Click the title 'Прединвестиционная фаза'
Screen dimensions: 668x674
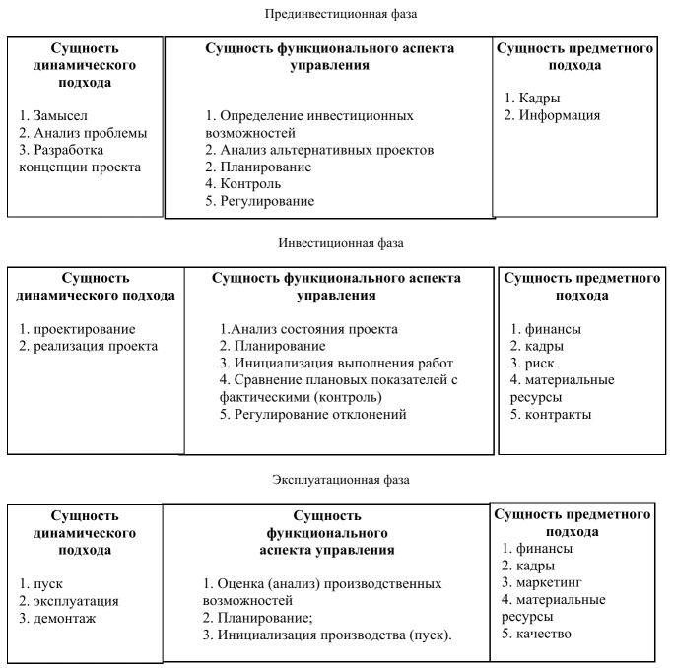(x=336, y=15)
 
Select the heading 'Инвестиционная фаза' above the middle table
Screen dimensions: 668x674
(x=336, y=241)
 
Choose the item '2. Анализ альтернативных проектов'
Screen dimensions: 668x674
(x=319, y=150)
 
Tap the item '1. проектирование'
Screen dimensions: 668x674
(x=78, y=328)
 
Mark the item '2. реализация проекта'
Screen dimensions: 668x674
(x=89, y=346)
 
